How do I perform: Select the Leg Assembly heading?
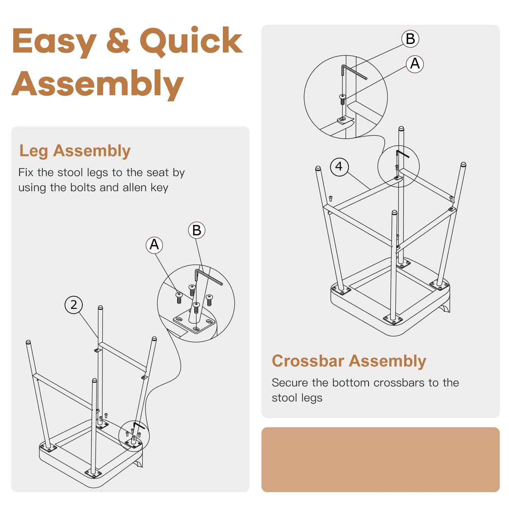pos(75,151)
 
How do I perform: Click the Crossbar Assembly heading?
pos(349,361)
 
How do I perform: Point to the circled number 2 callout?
pos(74,305)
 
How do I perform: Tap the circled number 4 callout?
pos(339,167)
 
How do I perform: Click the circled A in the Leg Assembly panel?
pos(154,245)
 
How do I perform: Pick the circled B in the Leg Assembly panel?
pos(197,230)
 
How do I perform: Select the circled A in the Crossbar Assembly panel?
pos(415,64)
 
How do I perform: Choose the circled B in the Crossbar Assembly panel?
pos(410,39)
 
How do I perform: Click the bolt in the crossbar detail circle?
pos(342,100)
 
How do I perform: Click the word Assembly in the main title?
pos(98,84)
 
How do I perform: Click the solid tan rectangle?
pos(380,459)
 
